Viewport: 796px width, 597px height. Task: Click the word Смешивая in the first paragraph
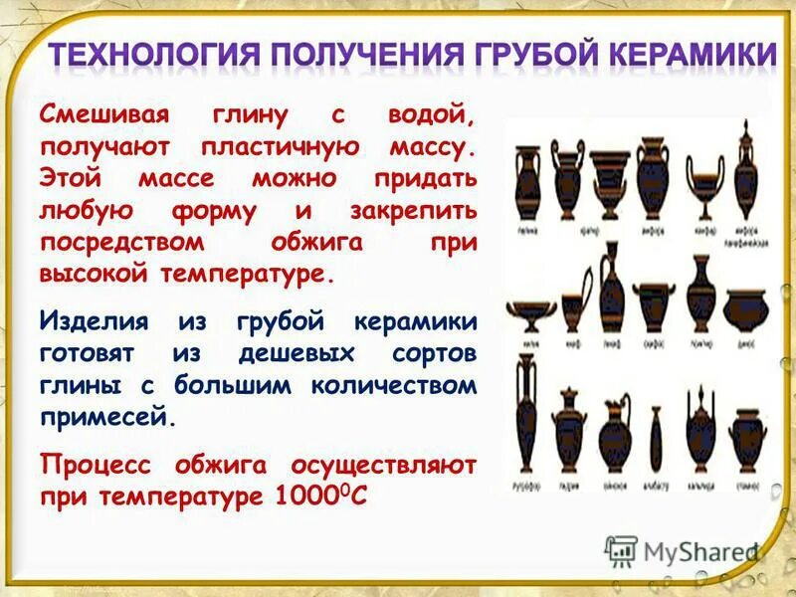coord(94,115)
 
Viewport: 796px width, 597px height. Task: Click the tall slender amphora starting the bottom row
coord(524,418)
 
